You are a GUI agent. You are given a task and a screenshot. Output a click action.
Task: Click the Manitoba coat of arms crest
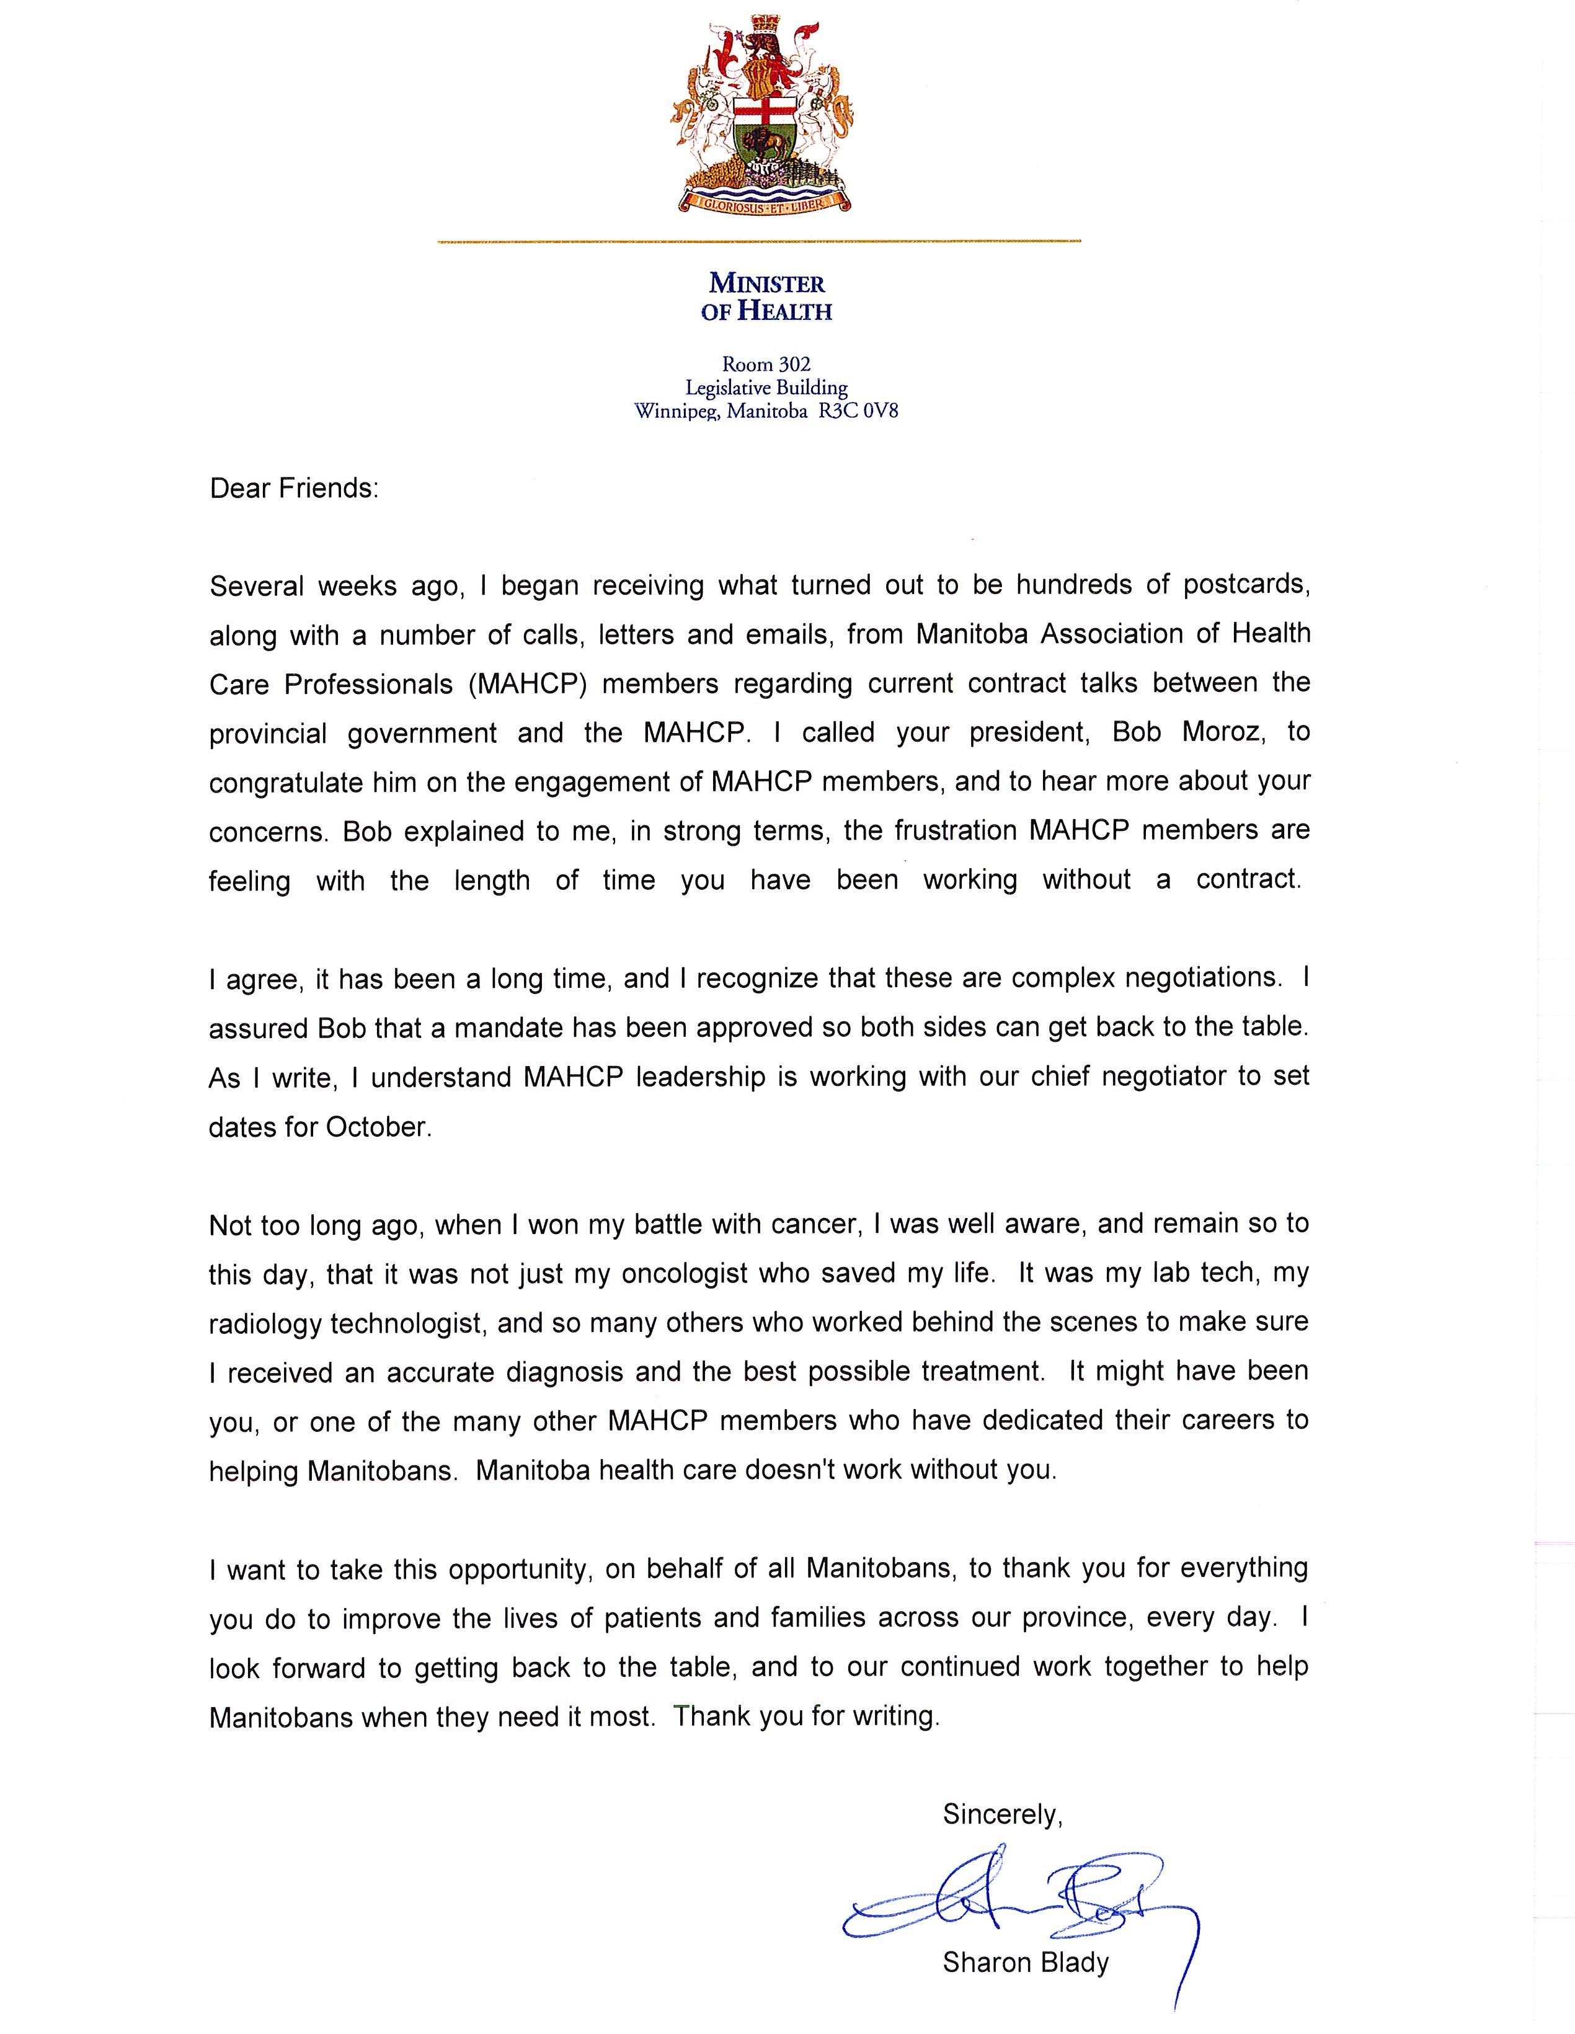(758, 112)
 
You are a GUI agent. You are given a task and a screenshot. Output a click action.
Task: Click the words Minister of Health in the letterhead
(766, 297)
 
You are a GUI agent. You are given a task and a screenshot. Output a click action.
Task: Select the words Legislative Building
(766, 388)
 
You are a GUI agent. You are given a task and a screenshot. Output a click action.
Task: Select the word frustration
(957, 831)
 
